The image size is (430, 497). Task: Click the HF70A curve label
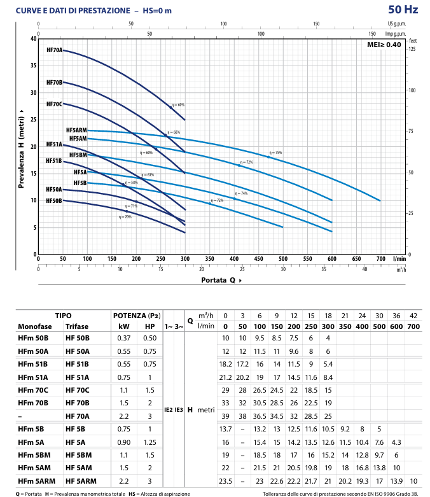[x=55, y=50]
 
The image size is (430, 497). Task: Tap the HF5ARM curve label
[x=76, y=130]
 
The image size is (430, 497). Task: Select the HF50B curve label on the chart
[x=54, y=200]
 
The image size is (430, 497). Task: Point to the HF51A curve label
[x=54, y=144]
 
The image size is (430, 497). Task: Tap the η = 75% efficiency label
[x=275, y=153]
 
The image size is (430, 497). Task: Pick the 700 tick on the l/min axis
[x=380, y=259]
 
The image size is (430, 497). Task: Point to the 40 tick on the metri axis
[x=33, y=39]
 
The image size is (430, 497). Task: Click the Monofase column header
[x=34, y=326]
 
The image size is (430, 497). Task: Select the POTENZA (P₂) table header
[x=136, y=316]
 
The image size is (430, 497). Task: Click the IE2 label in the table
[x=169, y=409]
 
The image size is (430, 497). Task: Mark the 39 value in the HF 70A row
[x=226, y=416]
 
